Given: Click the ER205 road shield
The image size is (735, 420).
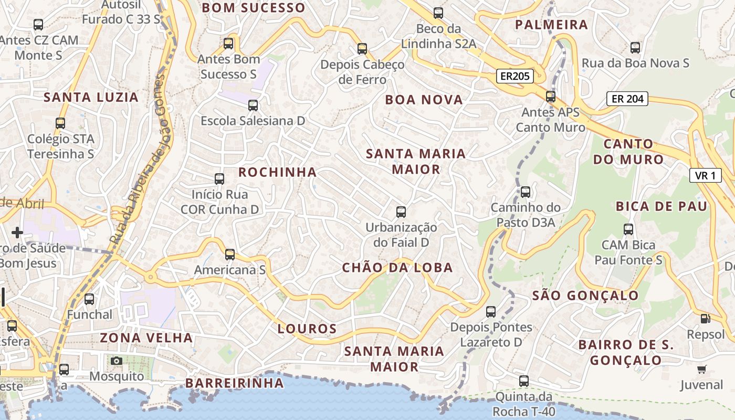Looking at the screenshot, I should (514, 76).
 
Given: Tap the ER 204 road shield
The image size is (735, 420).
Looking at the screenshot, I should (627, 98).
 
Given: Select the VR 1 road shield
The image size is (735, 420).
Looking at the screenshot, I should (705, 175).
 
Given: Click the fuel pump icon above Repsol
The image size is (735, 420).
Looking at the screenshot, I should (705, 318).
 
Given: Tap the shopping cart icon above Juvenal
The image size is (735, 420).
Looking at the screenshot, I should (701, 370).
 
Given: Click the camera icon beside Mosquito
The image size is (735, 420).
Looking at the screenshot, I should (117, 361).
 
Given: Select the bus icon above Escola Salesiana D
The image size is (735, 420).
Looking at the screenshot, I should (253, 105).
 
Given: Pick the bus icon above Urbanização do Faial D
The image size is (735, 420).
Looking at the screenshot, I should (401, 212).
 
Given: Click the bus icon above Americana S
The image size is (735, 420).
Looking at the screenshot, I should (230, 255).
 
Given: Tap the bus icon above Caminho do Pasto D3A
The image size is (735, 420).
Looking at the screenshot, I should (526, 192).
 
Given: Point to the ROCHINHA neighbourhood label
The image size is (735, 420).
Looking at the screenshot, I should (278, 172).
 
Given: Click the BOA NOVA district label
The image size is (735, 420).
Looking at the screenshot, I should (424, 100).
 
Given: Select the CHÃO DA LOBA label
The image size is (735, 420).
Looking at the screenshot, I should (397, 268).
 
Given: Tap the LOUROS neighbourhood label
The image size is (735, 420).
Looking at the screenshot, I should (307, 329).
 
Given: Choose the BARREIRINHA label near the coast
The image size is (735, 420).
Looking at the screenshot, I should (235, 383).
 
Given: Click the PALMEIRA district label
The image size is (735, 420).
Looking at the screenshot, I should (551, 25).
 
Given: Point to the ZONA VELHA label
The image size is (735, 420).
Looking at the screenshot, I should (146, 338).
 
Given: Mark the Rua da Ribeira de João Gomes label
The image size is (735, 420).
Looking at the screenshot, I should (141, 157).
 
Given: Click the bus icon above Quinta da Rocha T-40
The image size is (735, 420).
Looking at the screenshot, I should (524, 381).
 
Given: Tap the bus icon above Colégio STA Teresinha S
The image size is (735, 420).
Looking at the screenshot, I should (60, 123).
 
